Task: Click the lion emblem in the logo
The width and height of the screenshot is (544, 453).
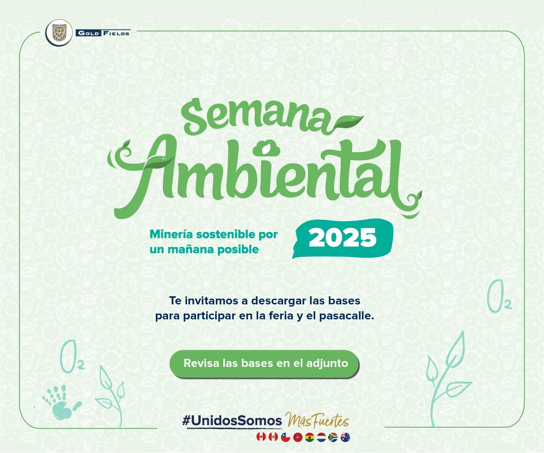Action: pyautogui.click(x=59, y=33)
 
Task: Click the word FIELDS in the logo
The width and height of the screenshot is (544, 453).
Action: pyautogui.click(x=116, y=34)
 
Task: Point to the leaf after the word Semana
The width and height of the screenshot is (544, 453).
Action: pyautogui.click(x=348, y=122)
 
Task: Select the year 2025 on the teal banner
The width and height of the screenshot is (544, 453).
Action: pyautogui.click(x=342, y=237)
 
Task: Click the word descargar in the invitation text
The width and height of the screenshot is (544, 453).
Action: pyautogui.click(x=279, y=301)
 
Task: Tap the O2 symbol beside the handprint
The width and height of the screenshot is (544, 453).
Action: pyautogui.click(x=72, y=357)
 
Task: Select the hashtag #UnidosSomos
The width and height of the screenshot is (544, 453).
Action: pyautogui.click(x=232, y=420)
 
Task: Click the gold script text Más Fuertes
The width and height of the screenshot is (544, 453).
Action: pyautogui.click(x=317, y=420)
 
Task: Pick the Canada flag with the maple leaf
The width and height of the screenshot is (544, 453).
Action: pyautogui.click(x=261, y=437)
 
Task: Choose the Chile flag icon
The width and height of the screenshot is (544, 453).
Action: pyautogui.click(x=285, y=437)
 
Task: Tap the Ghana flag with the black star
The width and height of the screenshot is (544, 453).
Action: pyautogui.click(x=310, y=437)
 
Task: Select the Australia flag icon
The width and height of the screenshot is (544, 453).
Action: pyautogui.click(x=346, y=437)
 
